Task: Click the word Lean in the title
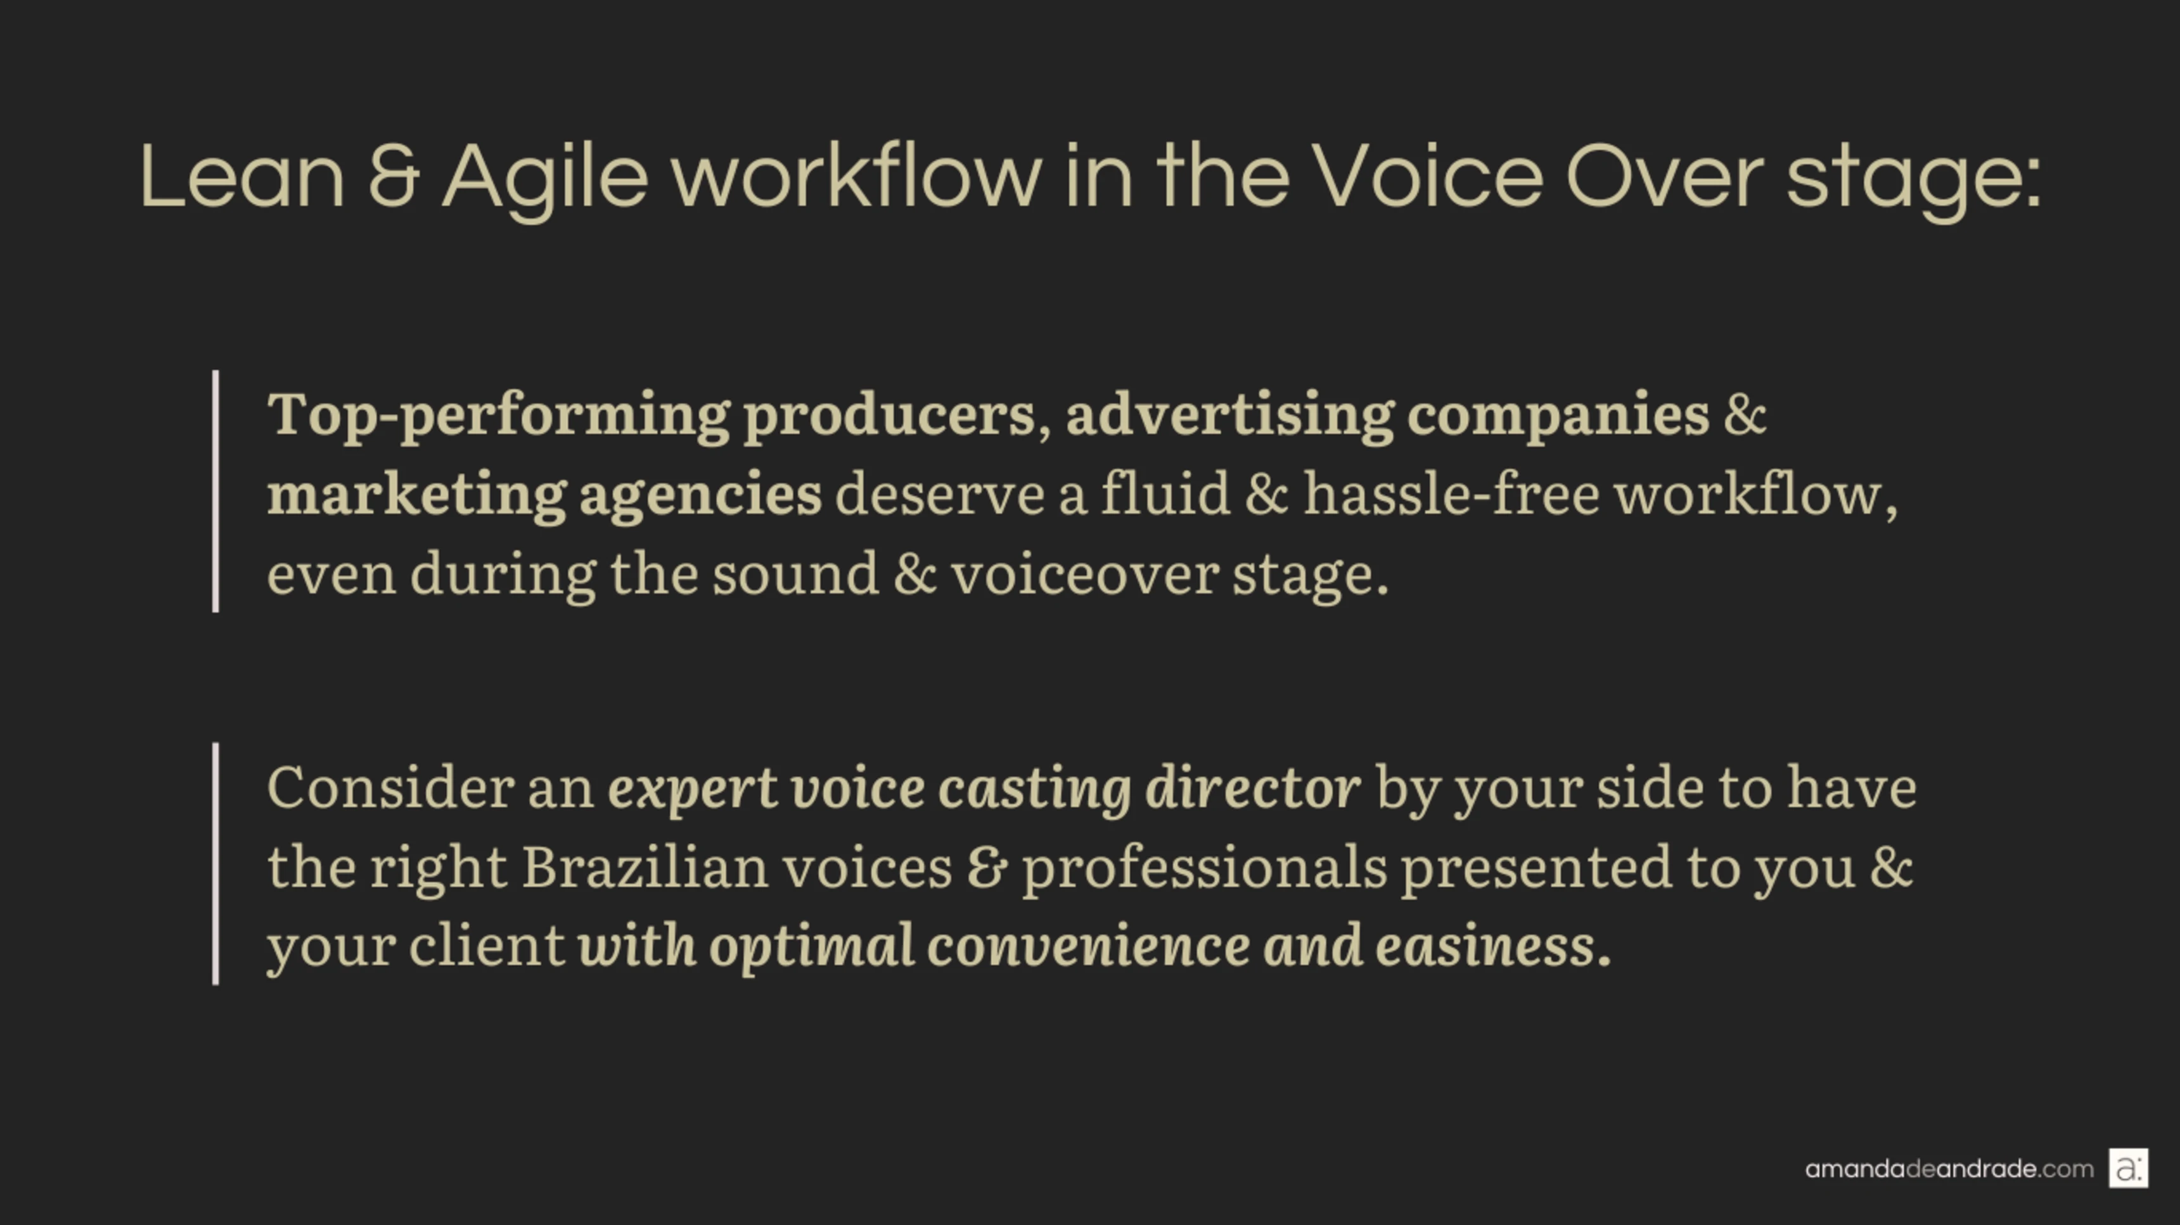pyautogui.click(x=242, y=176)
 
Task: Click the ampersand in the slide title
pyautogui.click(x=394, y=176)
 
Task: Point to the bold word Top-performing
pyautogui.click(x=499, y=416)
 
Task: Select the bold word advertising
pyautogui.click(x=1229, y=416)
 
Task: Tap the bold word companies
pyautogui.click(x=1558, y=416)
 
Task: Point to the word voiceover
pyautogui.click(x=1085, y=574)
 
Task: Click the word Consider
pyautogui.click(x=391, y=787)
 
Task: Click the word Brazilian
pyautogui.click(x=645, y=867)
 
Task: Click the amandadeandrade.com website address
pyautogui.click(x=1949, y=1169)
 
